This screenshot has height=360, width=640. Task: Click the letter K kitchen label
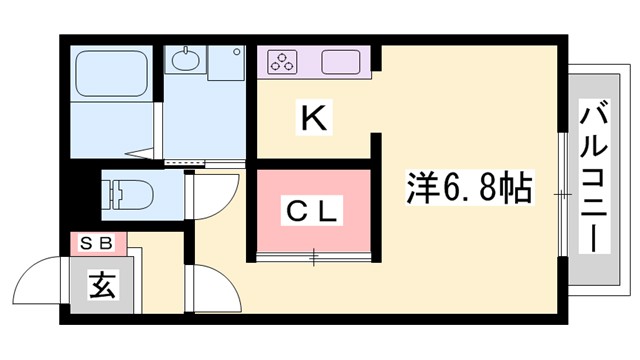coord(313,120)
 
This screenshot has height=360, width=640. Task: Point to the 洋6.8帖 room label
coord(468,186)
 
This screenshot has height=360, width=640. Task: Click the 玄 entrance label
coord(102,285)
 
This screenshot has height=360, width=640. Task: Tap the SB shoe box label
coord(97,242)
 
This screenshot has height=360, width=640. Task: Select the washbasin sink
coord(187,63)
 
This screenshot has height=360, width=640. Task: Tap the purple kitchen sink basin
coord(343,62)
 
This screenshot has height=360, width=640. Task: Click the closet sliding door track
coord(314,258)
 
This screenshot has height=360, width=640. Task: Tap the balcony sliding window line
coord(564,190)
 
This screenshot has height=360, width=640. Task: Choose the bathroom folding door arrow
coord(141,154)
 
